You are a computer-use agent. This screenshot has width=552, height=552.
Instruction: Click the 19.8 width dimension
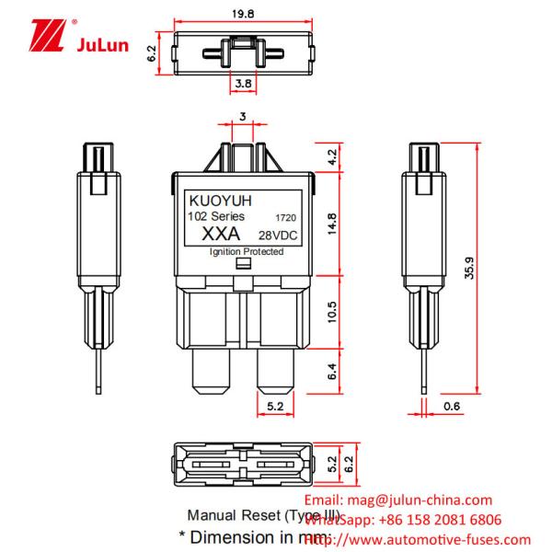click(243, 13)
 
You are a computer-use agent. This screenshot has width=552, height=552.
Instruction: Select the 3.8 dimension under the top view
click(241, 84)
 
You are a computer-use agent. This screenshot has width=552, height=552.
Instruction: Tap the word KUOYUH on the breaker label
click(214, 198)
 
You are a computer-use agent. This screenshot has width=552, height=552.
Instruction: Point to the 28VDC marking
click(276, 236)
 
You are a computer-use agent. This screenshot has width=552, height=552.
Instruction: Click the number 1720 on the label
click(285, 217)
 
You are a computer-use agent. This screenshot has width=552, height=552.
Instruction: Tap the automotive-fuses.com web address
click(433, 540)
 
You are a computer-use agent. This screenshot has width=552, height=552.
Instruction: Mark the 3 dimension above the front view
click(242, 116)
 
